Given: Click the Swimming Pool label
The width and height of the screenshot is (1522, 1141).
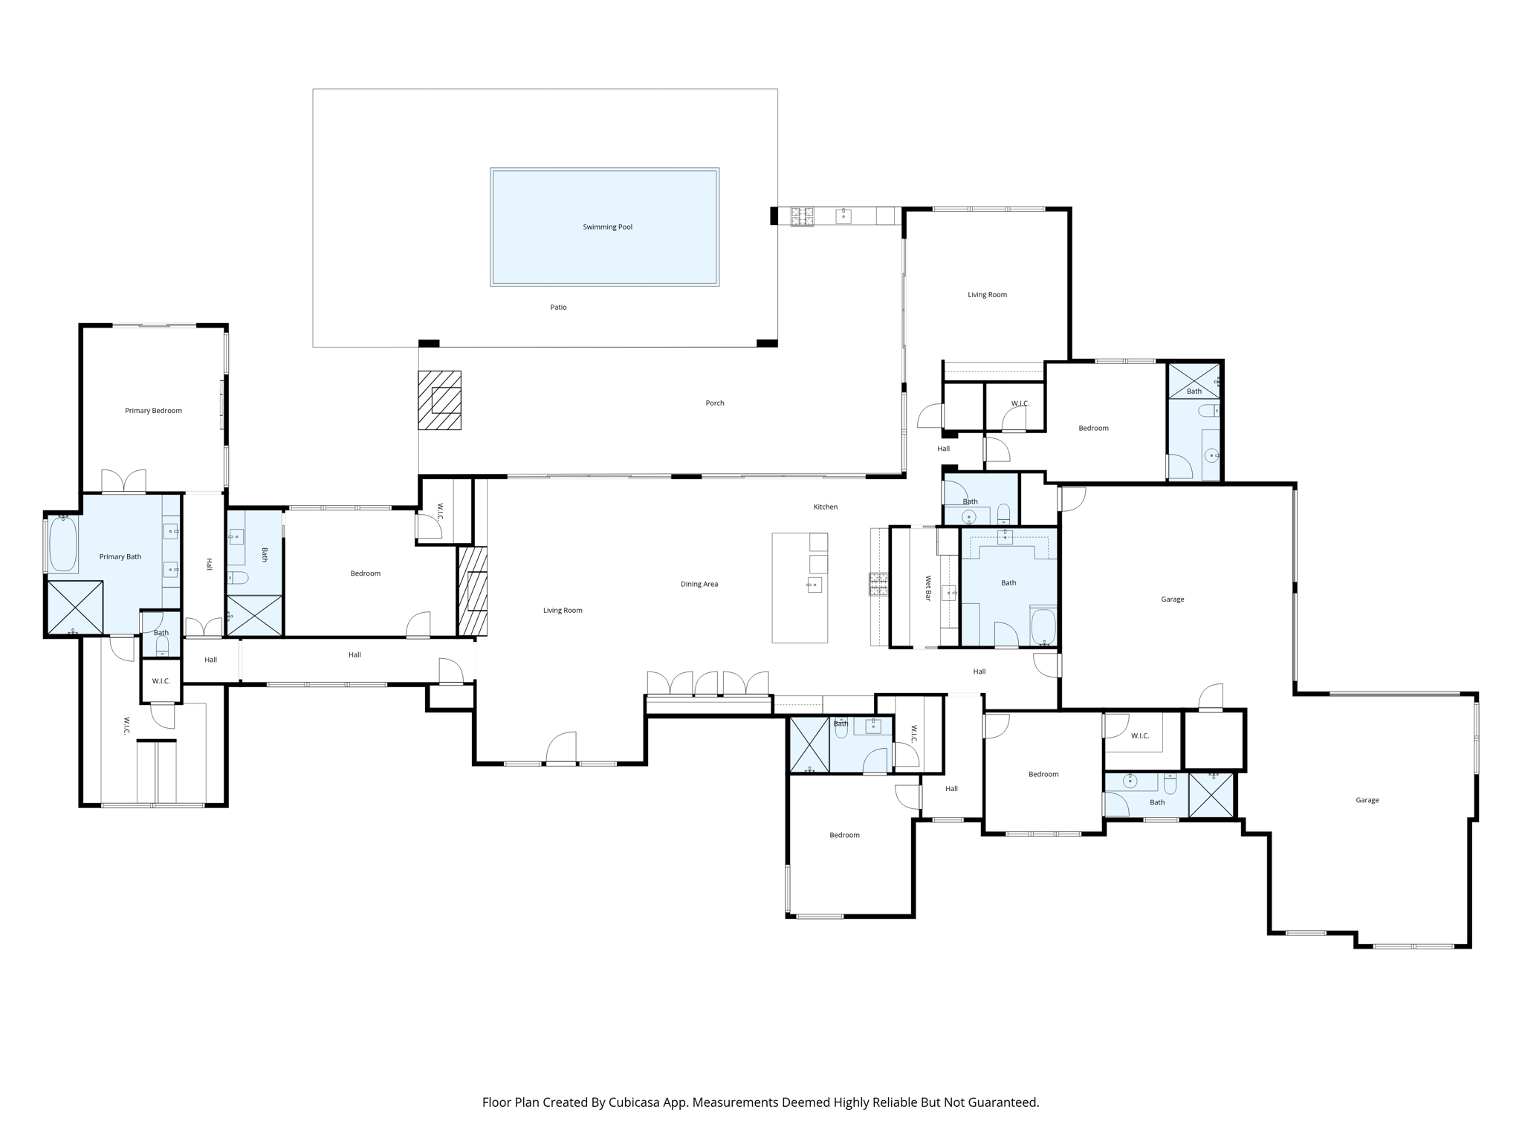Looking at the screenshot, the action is [x=607, y=227].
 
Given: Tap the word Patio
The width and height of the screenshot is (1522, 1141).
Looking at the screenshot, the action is [x=558, y=307].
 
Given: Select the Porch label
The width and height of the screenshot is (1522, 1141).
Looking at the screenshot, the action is [x=714, y=403].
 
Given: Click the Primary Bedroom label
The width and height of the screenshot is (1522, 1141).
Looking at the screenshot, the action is [x=153, y=411].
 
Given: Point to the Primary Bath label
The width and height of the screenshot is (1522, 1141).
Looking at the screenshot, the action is [x=120, y=556].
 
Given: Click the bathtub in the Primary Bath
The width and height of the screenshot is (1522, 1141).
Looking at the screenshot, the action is [x=64, y=545].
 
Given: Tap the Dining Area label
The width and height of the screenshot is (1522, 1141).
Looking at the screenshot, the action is [x=699, y=584].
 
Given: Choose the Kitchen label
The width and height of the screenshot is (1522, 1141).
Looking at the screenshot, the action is [x=825, y=507].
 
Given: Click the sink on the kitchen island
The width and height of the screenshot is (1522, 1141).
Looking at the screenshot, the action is [x=815, y=585].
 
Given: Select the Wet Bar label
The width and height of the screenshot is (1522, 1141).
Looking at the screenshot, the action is [x=928, y=588].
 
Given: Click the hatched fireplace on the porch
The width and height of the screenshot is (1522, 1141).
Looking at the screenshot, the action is [x=439, y=400].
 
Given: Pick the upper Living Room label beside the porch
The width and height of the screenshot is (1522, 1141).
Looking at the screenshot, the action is [x=987, y=295].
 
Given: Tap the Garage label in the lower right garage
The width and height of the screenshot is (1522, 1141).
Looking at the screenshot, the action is [x=1367, y=800].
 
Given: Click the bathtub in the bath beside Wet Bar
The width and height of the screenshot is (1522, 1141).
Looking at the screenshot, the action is [x=1043, y=626].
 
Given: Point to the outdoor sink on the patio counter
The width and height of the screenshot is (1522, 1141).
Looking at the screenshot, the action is [x=843, y=215].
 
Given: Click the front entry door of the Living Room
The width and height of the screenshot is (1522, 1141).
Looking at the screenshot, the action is [x=562, y=749].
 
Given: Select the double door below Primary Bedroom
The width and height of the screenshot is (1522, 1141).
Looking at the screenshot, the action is [x=124, y=481].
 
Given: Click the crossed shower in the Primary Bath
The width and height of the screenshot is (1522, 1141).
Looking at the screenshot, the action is [x=75, y=608].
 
